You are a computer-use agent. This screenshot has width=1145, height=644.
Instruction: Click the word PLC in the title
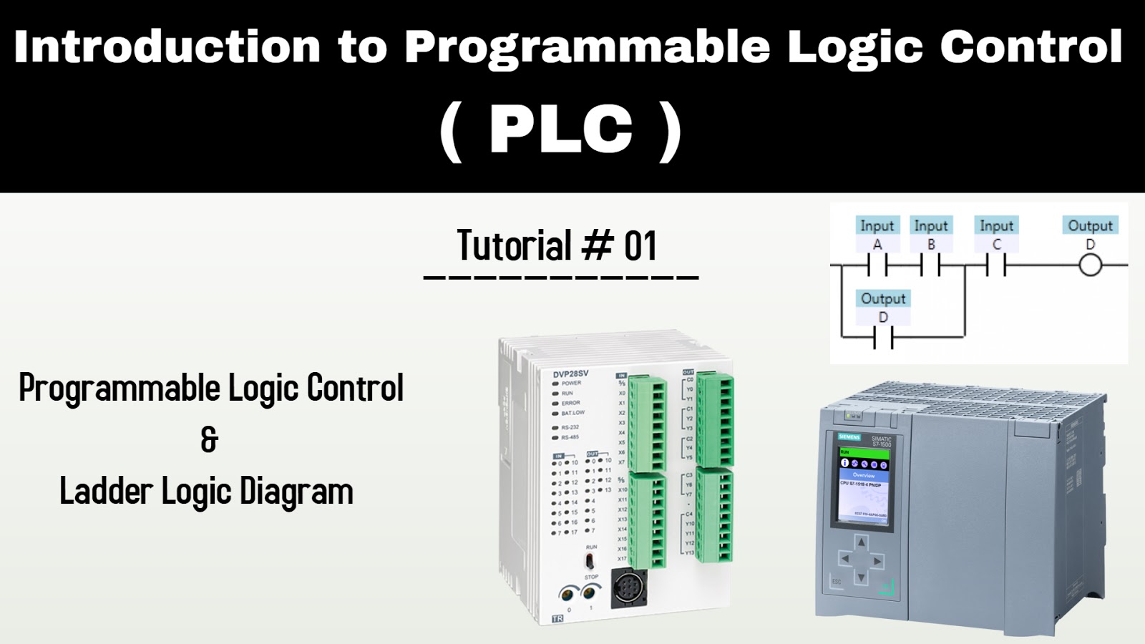point(561,129)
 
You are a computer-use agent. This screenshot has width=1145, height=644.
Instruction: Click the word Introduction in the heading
point(167,47)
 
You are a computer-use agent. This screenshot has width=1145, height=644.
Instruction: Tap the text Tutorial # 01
point(557,246)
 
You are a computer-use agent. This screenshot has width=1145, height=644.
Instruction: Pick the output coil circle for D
point(1090,266)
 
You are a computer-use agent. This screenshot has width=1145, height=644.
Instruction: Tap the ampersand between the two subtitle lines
point(209,439)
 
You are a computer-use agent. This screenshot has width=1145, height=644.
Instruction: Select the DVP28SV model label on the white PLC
point(570,374)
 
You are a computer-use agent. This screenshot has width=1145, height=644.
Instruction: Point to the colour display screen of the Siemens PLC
point(864,485)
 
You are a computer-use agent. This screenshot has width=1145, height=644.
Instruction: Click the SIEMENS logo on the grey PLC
point(849,436)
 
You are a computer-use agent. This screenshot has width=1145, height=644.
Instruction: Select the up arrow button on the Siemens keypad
point(862,543)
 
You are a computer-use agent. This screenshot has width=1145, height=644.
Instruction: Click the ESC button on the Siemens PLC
point(837,582)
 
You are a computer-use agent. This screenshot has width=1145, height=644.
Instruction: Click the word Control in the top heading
point(1030,47)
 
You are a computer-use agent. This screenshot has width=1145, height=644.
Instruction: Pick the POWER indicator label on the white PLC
point(571,384)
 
